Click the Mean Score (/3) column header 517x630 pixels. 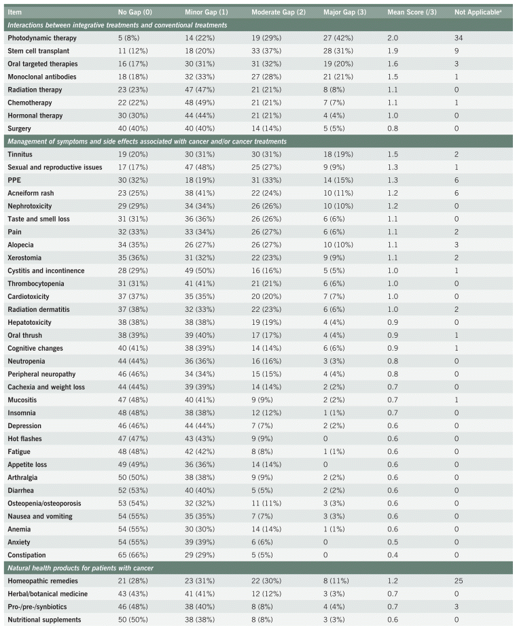(x=410, y=12)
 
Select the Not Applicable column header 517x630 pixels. (x=476, y=12)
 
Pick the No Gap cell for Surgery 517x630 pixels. (x=132, y=128)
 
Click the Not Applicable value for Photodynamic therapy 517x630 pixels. (x=459, y=38)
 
